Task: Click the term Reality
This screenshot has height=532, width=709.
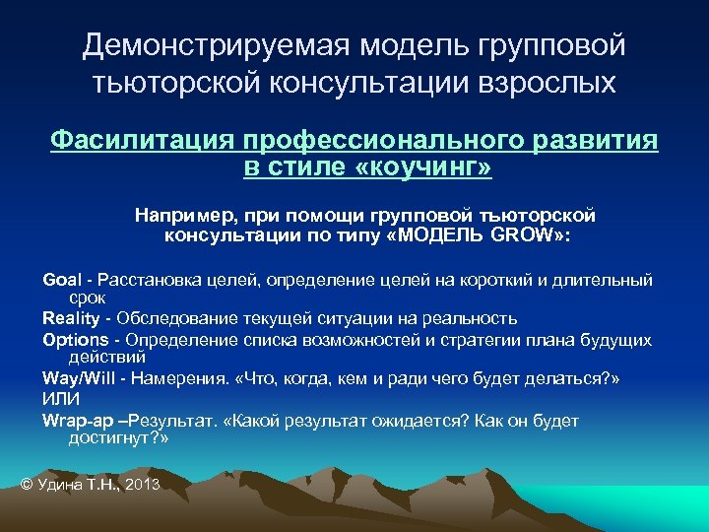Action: click(71, 318)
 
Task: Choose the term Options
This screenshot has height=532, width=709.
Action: click(75, 340)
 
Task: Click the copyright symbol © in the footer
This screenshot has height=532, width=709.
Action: click(27, 484)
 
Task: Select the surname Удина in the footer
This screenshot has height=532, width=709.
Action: click(60, 484)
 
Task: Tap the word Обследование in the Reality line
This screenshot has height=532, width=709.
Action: click(171, 318)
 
